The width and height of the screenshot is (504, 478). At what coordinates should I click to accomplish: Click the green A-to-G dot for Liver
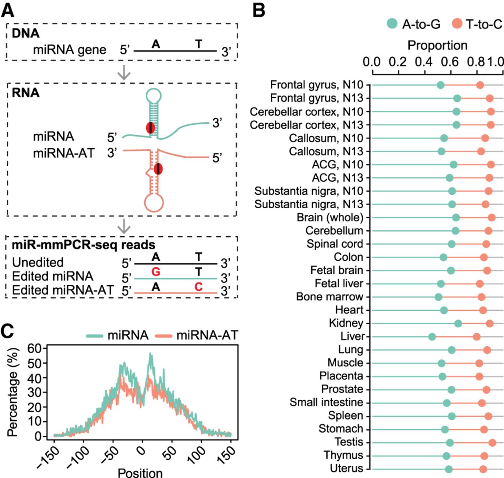click(432, 337)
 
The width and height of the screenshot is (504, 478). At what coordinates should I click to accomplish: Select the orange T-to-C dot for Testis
click(492, 443)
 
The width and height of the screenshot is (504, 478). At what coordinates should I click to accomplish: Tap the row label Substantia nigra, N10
click(309, 191)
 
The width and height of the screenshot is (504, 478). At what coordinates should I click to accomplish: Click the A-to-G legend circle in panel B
click(392, 24)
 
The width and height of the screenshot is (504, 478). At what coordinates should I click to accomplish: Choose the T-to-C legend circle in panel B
click(457, 24)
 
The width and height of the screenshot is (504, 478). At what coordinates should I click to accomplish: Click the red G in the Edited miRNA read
click(156, 272)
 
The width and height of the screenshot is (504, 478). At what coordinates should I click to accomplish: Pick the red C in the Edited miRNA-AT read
click(198, 287)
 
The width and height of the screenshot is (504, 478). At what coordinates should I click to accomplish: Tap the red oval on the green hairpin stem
click(150, 128)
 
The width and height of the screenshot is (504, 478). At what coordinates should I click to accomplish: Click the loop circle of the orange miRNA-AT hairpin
click(154, 203)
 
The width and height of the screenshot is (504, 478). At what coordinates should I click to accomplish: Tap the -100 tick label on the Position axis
click(79, 457)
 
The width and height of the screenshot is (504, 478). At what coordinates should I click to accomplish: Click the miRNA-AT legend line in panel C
click(163, 336)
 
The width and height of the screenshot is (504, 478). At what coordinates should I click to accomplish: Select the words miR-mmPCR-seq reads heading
click(83, 245)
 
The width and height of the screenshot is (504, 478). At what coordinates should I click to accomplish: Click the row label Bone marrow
click(330, 297)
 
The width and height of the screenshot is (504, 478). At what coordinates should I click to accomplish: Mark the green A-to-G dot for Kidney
click(458, 323)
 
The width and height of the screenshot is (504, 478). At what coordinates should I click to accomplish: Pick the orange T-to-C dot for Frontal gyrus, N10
click(480, 85)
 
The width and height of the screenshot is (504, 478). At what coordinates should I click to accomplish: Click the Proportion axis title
click(437, 45)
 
